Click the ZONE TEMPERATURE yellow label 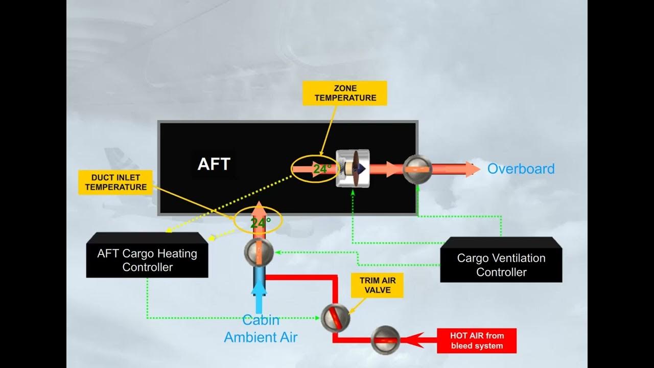[345, 93]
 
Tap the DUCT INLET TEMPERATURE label [116, 182]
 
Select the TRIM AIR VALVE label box [378, 285]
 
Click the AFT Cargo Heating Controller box [147, 260]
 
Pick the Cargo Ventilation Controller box [501, 264]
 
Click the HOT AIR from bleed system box [477, 341]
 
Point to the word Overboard [521, 169]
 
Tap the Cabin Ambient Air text [261, 329]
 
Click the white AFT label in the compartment [214, 164]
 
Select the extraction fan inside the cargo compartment [353, 169]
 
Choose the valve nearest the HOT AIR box [386, 339]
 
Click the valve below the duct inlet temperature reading [259, 251]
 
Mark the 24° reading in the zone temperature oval [322, 169]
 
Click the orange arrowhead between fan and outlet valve [392, 169]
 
